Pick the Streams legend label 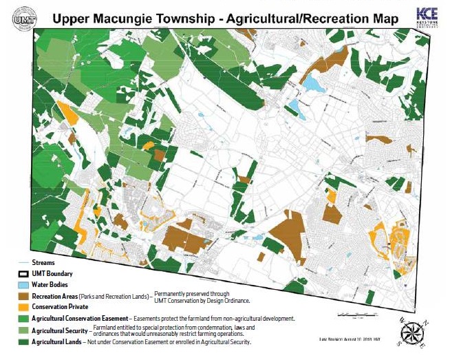tap(43, 263)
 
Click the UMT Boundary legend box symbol tap(25, 274)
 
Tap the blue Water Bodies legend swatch tap(25, 284)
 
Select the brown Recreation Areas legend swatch tap(25, 295)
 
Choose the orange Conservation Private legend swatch tap(25, 306)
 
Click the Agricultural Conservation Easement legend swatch tap(25, 318)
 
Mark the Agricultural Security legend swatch tap(25, 330)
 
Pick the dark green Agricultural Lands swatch tap(25, 341)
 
